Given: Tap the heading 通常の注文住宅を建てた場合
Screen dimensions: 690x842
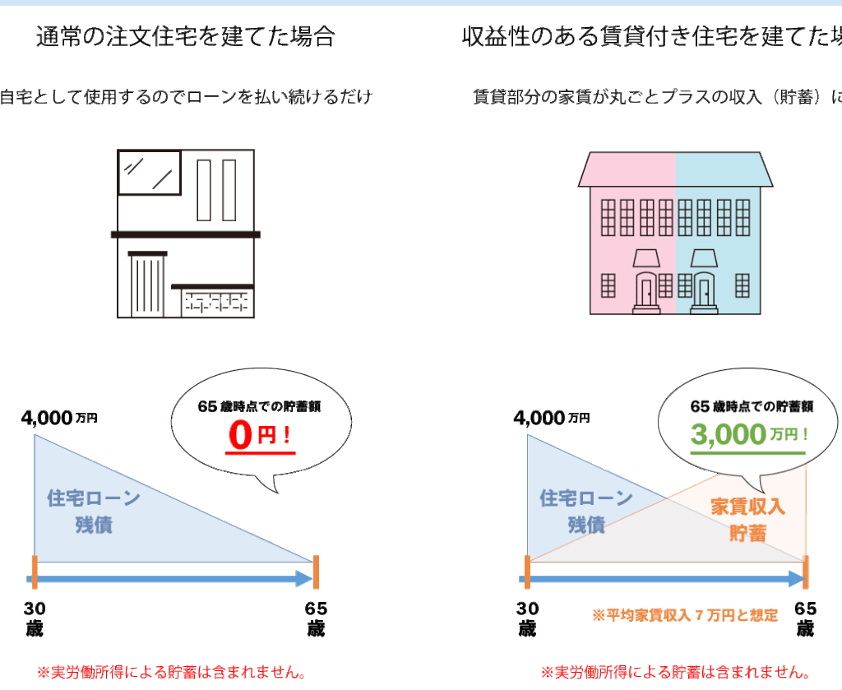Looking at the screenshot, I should (186, 37).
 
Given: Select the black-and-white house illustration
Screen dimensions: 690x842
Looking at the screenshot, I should (185, 234).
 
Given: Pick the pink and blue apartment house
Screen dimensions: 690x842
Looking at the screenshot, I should (675, 233).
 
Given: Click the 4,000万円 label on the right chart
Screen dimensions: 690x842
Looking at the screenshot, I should (552, 418).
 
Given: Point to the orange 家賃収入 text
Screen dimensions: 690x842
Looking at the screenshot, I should (747, 506).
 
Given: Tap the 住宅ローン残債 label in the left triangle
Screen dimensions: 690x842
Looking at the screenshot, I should (94, 511).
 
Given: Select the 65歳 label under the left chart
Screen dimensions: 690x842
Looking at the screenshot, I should (316, 618).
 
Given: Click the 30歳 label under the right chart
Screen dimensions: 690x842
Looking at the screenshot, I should (527, 618).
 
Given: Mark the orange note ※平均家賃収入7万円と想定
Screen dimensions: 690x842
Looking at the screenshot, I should (685, 615).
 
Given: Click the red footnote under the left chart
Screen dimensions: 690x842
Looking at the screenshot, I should (172, 673).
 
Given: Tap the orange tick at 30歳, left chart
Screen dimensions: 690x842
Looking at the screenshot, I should (35, 572).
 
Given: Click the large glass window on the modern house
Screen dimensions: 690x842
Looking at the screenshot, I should (149, 172).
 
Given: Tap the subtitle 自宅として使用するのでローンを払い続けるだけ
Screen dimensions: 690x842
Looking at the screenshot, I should (186, 97).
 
